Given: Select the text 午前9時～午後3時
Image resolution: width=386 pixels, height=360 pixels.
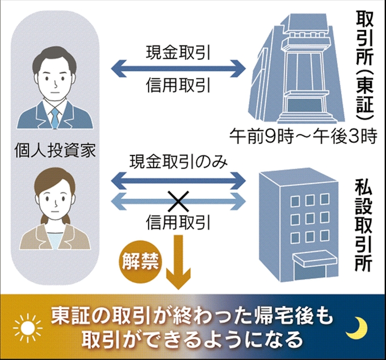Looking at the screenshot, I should tap(303, 136).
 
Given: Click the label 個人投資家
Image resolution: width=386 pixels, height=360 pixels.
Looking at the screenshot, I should tap(55, 150).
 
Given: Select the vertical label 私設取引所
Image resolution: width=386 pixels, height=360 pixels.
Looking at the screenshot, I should tap(363, 225).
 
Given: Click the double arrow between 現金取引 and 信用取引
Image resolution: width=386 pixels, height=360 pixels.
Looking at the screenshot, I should tap(178, 69).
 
